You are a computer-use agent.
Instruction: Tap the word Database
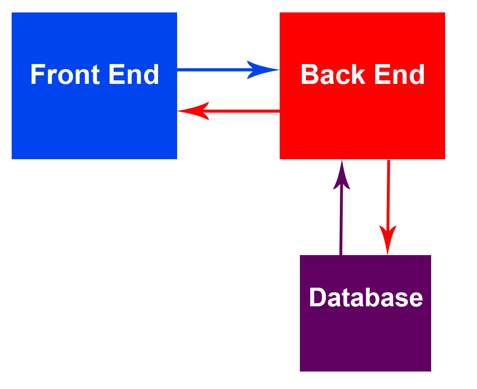[366, 298]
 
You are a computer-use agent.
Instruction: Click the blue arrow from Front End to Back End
[214, 70]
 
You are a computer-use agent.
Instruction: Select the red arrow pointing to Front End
[241, 111]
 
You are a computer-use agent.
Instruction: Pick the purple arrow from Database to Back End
[341, 221]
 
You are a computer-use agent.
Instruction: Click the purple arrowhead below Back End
[342, 177]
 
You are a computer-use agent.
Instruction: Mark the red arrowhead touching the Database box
[388, 239]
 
